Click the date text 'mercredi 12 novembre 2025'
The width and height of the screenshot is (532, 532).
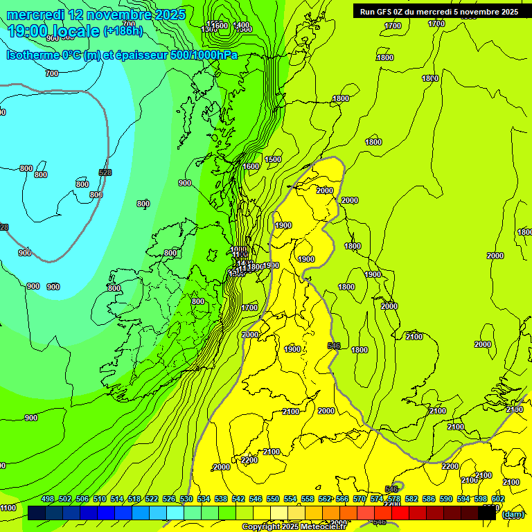[96, 15]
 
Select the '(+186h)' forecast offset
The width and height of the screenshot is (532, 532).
[123, 31]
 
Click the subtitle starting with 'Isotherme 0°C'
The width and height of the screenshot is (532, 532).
[122, 55]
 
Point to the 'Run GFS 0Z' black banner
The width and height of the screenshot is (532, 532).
[439, 12]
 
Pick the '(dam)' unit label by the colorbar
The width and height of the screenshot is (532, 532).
[513, 514]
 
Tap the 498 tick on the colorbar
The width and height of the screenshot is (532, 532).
[48, 499]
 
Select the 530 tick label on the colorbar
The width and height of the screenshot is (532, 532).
[186, 499]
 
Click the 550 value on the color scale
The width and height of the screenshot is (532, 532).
[273, 499]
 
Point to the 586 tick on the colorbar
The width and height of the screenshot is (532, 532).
[429, 499]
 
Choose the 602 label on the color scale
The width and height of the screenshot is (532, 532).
[498, 499]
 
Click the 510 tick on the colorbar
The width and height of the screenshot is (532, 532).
[100, 499]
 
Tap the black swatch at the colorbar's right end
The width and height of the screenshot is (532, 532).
[487, 513]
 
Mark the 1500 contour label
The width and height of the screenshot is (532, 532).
[273, 160]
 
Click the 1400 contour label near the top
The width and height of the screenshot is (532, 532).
[242, 26]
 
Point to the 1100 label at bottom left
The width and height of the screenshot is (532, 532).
[8, 508]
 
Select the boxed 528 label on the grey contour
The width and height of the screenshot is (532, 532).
[105, 172]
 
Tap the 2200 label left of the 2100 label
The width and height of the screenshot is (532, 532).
[249, 461]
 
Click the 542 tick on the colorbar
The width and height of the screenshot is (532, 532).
[238, 499]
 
